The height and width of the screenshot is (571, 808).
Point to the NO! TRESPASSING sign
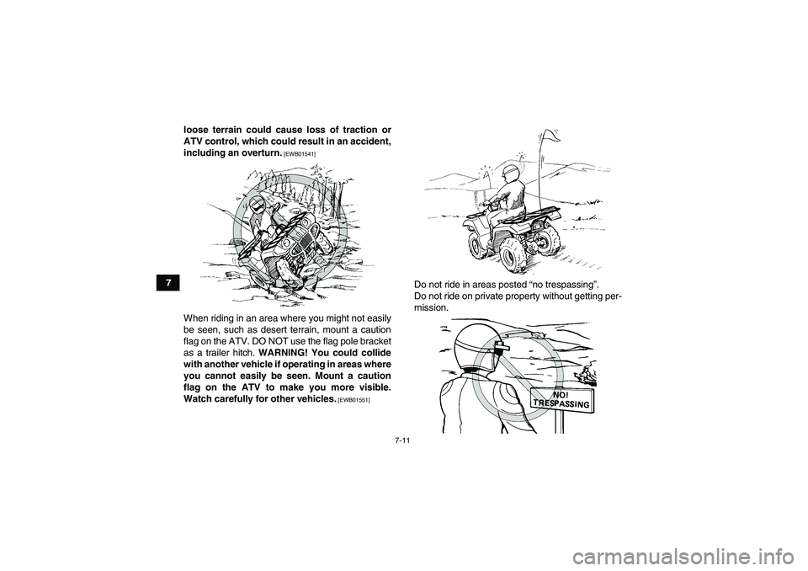point(558,399)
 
